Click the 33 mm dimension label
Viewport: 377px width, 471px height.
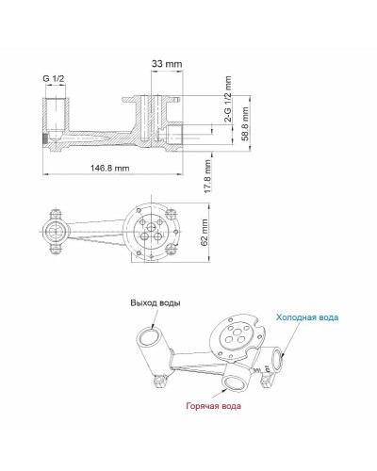point(168,63)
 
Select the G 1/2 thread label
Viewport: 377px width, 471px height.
point(56,77)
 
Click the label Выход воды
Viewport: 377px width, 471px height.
point(156,303)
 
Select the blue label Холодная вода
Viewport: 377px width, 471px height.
point(307,318)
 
